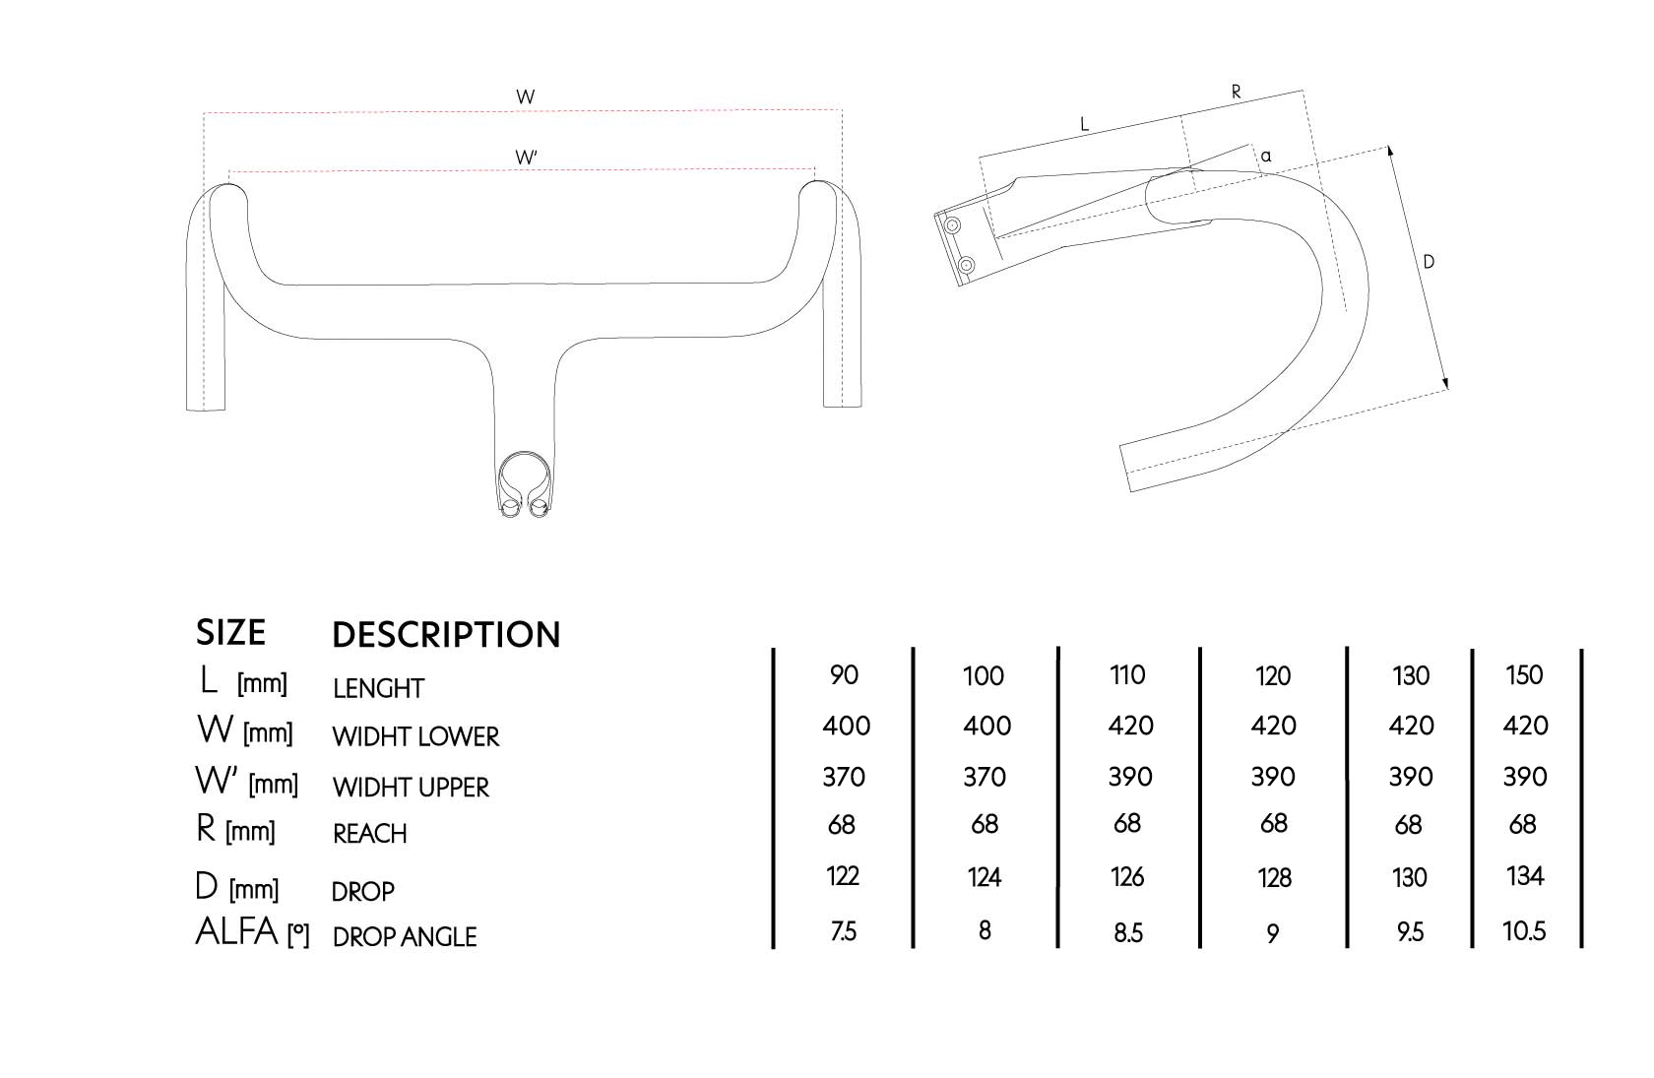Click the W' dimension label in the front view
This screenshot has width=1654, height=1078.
(x=526, y=158)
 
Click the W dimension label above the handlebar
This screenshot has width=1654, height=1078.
(x=525, y=96)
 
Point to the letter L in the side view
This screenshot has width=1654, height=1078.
(x=1084, y=124)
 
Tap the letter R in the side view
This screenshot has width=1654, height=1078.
(x=1237, y=93)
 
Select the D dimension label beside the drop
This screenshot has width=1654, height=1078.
(x=1429, y=262)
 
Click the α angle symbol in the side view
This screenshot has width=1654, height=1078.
(x=1266, y=156)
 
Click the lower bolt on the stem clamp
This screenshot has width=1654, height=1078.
(x=966, y=264)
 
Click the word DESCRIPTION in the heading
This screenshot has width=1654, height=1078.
(x=446, y=635)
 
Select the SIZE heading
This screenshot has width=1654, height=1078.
(x=230, y=632)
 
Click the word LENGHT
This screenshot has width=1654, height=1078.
(x=378, y=688)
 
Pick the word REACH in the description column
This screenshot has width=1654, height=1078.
(x=369, y=834)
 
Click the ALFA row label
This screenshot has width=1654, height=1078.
(x=237, y=931)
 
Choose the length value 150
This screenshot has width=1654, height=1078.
(x=1524, y=675)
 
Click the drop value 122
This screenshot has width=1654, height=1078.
(x=843, y=876)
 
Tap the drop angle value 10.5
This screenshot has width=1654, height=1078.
(x=1524, y=930)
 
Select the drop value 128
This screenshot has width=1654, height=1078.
(x=1274, y=877)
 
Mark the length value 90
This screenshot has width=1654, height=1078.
(x=844, y=675)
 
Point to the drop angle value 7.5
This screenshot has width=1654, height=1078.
(x=843, y=931)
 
